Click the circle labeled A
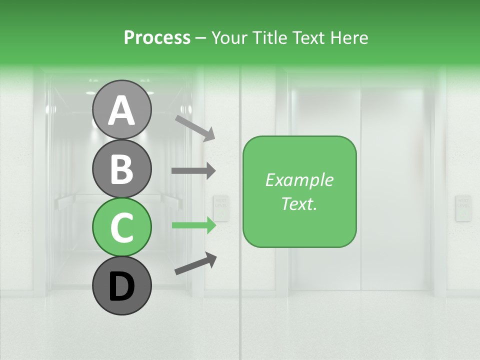(121, 109)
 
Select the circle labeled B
(121, 168)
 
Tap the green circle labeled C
(121, 227)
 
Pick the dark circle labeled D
(121, 285)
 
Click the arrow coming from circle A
(195, 128)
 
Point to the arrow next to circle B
(193, 170)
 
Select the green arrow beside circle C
(193, 225)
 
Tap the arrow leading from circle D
(196, 263)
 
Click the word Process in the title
(157, 38)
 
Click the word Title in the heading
(269, 38)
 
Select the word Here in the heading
(349, 38)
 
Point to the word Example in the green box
(299, 180)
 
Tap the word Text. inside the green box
(299, 203)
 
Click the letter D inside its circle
(122, 287)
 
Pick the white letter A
(121, 110)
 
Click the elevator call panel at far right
(463, 208)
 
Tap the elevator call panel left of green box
(220, 208)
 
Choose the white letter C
(121, 227)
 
